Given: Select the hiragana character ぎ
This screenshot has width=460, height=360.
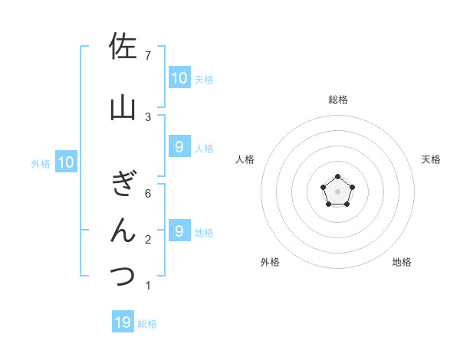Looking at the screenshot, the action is [123, 184].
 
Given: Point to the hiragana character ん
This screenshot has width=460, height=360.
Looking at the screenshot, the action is [123, 231].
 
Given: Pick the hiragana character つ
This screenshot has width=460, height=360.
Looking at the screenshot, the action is [123, 276].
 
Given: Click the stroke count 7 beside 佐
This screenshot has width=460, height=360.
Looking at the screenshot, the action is [148, 56].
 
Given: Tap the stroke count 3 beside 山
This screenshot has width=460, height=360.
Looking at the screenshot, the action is [148, 116].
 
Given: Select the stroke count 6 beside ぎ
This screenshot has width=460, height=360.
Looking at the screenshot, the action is [148, 194].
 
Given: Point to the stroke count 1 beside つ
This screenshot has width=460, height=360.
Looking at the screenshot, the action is [148, 286].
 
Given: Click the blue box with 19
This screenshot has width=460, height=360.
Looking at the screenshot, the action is [123, 322].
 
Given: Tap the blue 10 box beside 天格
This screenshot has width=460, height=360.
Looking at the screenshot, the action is [179, 77].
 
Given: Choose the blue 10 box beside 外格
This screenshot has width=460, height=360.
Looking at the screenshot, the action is [65, 162].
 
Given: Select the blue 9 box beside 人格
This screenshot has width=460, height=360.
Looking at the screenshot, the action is [179, 147].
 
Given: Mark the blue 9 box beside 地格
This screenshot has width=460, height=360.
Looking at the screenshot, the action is [179, 231].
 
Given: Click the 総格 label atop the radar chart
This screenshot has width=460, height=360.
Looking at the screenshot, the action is [338, 100].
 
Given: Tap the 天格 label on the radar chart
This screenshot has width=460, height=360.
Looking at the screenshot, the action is [432, 159].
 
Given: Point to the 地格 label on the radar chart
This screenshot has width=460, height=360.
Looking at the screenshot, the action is [402, 262].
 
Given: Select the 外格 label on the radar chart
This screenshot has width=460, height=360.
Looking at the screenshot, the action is [269, 262].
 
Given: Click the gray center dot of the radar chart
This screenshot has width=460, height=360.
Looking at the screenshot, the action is [337, 191].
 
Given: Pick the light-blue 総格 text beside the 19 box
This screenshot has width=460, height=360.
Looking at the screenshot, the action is [147, 324].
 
